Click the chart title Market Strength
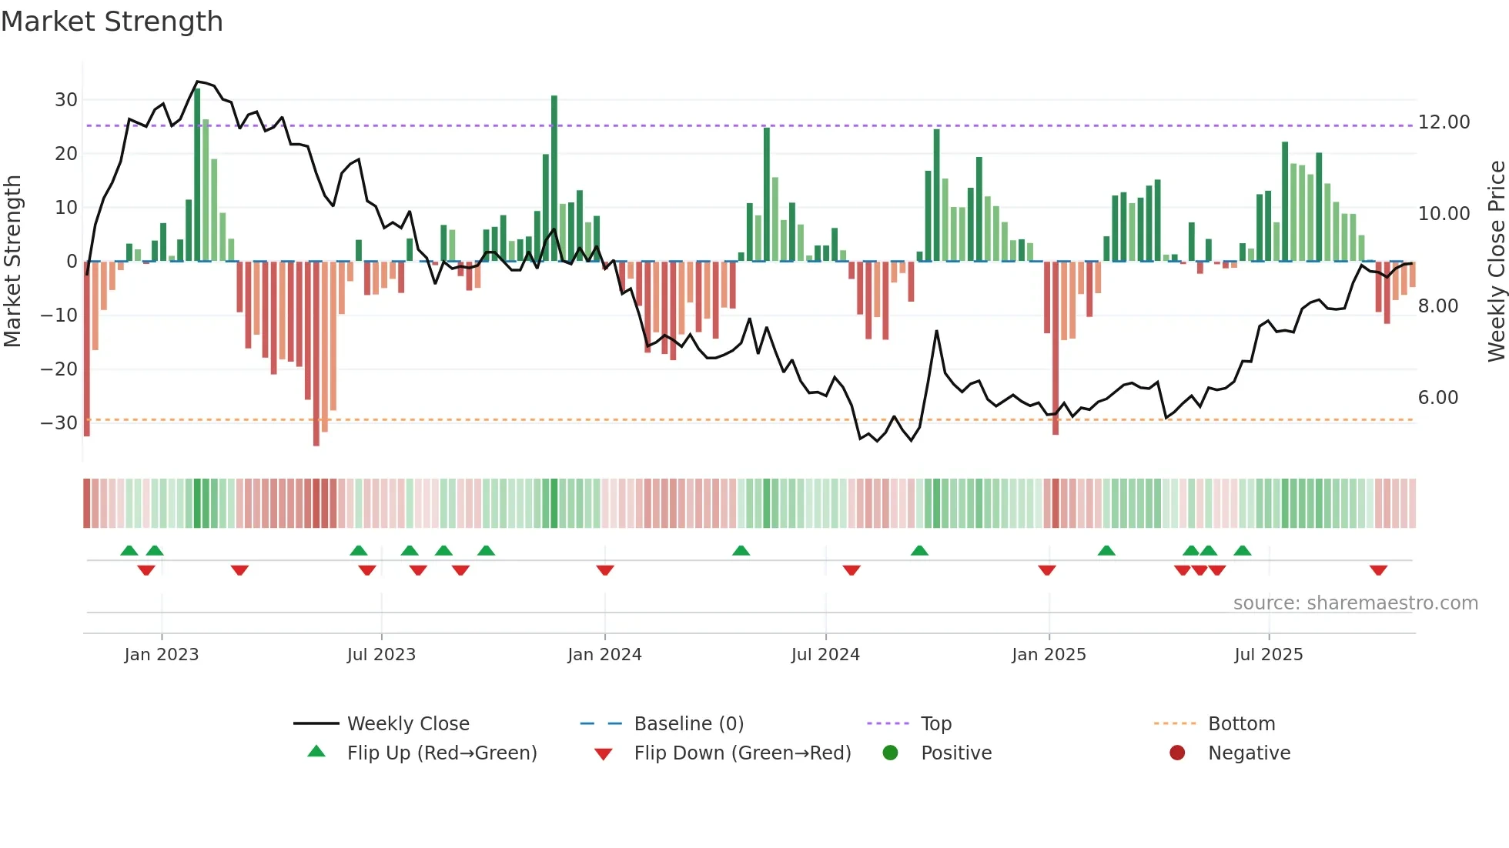pos(112,22)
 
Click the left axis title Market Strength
pos(12,261)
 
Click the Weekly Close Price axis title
pos(1496,261)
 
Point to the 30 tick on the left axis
pos(66,100)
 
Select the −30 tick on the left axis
pos(60,423)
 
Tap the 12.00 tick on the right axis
pos(1444,122)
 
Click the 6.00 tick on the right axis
pos(1437,398)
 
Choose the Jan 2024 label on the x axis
pos(604,655)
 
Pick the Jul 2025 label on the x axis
pos(1268,655)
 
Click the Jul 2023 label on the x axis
pos(381,655)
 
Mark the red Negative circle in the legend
pos(1177,753)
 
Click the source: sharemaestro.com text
pos(1355,603)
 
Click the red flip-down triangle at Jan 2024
pos(605,570)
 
